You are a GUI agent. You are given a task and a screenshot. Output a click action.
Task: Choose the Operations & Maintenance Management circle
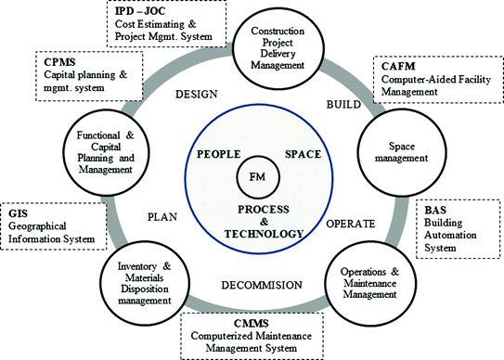point(368,282)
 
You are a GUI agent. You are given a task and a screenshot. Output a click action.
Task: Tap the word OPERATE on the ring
point(350,225)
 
